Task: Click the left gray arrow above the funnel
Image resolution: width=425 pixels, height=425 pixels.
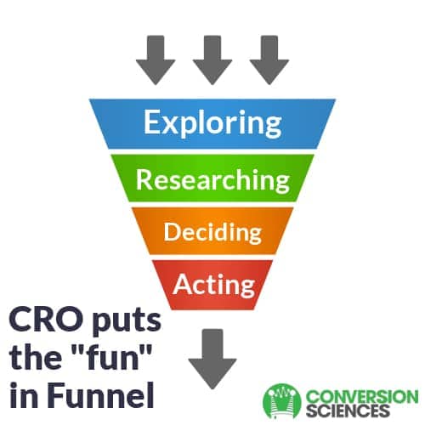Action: [x=156, y=59]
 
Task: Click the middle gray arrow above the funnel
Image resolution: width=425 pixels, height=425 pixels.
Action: [x=212, y=59]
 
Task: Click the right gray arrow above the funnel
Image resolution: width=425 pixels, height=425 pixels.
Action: [x=269, y=59]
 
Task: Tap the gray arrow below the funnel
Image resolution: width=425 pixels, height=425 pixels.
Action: [x=212, y=359]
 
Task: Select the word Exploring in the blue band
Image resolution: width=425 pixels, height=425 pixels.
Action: [x=212, y=123]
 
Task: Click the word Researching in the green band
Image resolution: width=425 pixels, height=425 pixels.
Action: [x=212, y=180]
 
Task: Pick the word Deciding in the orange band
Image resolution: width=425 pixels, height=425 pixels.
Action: [x=212, y=232]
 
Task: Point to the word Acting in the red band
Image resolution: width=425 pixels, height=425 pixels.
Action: [x=214, y=285]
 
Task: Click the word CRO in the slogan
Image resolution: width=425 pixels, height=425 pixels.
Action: [x=45, y=320]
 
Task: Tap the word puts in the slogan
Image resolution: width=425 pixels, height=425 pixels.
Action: [x=126, y=321]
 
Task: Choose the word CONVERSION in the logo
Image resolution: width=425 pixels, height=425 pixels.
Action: [x=362, y=397]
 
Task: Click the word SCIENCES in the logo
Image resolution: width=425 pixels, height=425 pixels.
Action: [x=348, y=411]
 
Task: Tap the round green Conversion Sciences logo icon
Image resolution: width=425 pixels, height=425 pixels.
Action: [x=282, y=401]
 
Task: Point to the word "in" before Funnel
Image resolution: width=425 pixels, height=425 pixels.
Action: [x=24, y=394]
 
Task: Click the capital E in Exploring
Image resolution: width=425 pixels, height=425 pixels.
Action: [x=152, y=122]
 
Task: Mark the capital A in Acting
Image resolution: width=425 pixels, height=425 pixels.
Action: [x=184, y=284]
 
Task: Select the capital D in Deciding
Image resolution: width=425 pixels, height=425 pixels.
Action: [x=172, y=231]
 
